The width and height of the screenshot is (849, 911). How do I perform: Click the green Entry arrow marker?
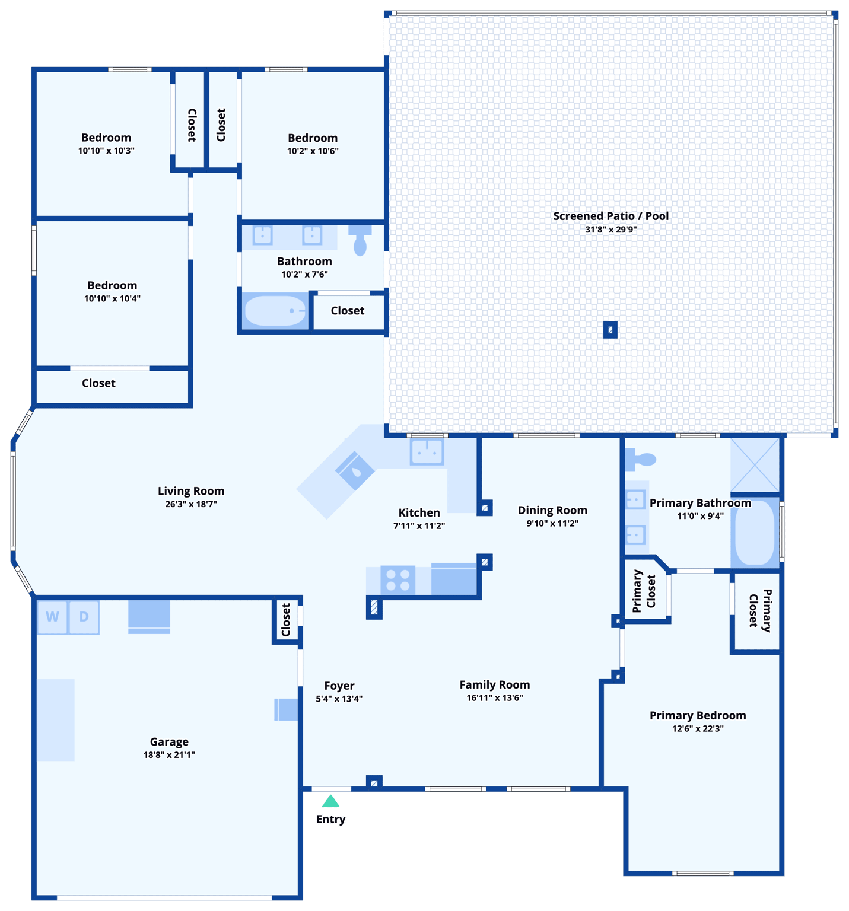click(330, 801)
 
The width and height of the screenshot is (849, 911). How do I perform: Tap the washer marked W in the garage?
click(52, 617)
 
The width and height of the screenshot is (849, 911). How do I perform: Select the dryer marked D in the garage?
click(84, 617)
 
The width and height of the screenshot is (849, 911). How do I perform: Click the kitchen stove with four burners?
click(398, 580)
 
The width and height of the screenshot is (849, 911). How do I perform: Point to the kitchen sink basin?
click(427, 452)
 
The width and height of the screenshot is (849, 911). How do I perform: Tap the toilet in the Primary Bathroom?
click(642, 458)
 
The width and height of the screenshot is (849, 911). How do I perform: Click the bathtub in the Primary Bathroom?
click(755, 532)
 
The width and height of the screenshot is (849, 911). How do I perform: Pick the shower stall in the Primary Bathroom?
click(755, 464)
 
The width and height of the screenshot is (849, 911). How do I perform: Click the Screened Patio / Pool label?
click(610, 216)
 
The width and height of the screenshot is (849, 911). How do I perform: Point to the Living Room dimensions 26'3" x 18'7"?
click(191, 504)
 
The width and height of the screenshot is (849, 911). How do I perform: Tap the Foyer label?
click(339, 686)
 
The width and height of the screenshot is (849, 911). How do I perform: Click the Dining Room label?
click(552, 511)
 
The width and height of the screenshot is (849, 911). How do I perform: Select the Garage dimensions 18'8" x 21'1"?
click(169, 755)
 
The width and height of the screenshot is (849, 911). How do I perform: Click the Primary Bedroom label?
click(698, 716)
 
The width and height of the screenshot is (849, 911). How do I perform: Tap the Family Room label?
click(495, 685)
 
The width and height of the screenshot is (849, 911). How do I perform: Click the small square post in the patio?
click(610, 330)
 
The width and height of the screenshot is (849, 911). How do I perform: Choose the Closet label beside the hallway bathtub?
click(348, 311)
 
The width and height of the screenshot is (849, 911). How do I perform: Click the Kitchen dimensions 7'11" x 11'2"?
click(419, 526)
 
